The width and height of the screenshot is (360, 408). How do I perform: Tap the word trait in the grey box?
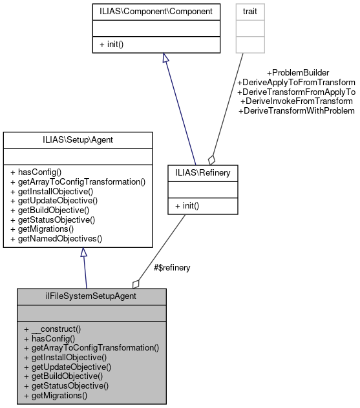tap(250, 11)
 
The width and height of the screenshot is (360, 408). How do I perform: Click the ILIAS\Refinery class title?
tap(202, 172)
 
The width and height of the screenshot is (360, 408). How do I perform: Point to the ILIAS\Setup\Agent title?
tap(78, 139)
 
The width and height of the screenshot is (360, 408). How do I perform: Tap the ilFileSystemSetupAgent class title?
tap(92, 296)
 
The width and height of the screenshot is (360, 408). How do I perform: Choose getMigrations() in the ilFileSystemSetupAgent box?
tap(55, 395)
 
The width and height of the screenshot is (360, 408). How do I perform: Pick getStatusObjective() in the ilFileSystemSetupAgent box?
tap(66, 385)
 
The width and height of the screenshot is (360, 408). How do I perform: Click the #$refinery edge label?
tap(171, 267)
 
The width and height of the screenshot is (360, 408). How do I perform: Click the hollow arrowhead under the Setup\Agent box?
tap(83, 253)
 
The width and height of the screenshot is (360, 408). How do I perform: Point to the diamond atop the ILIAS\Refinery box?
tap(211, 159)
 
